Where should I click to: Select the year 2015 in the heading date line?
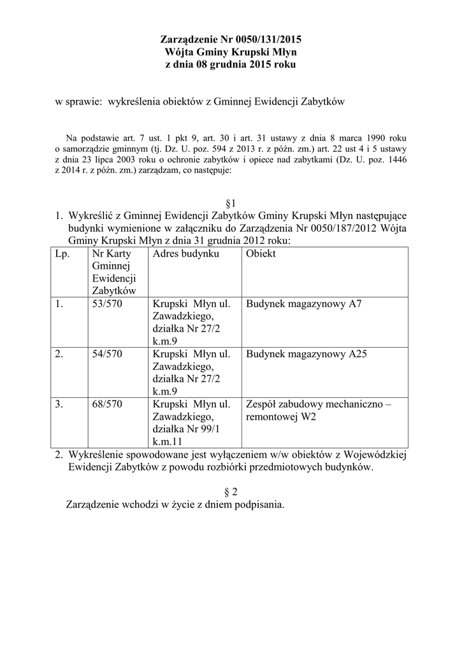pyautogui.click(x=259, y=65)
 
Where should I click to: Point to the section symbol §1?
pyautogui.click(x=231, y=203)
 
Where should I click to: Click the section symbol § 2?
pyautogui.click(x=231, y=492)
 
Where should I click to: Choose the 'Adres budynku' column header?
pyautogui.click(x=185, y=254)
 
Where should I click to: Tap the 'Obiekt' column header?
pyautogui.click(x=261, y=254)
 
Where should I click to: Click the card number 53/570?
pyautogui.click(x=107, y=304)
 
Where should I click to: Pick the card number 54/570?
pyautogui.click(x=107, y=354)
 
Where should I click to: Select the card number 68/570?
pyautogui.click(x=107, y=404)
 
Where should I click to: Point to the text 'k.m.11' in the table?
pyautogui.click(x=167, y=441)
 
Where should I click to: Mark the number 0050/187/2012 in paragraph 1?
pyautogui.click(x=339, y=229)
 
